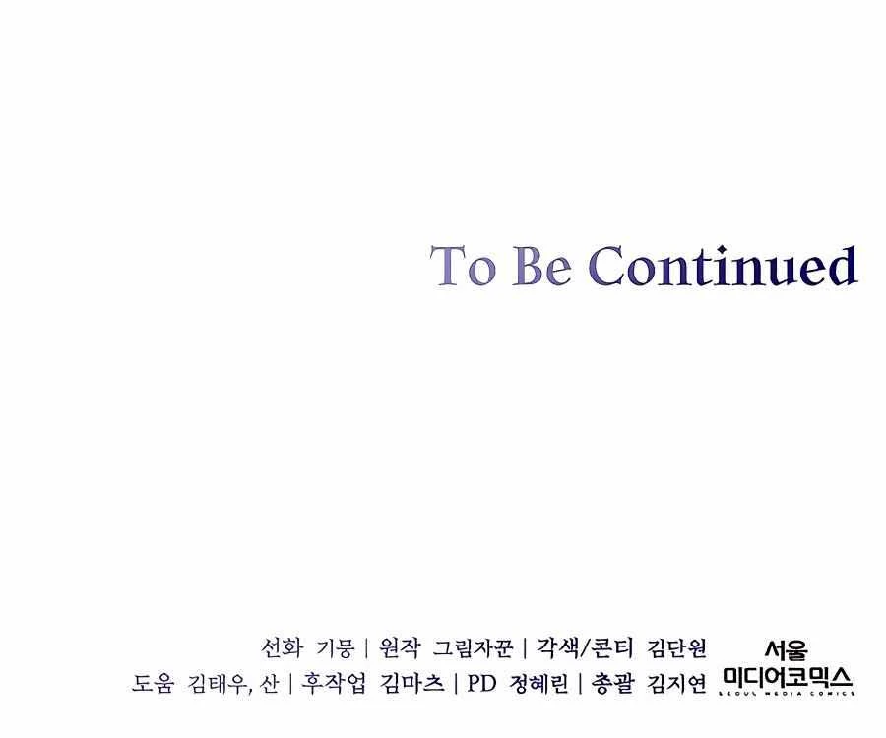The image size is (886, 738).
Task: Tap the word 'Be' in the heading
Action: (x=541, y=265)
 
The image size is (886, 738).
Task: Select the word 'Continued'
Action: (x=724, y=265)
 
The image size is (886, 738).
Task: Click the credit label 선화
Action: (x=282, y=647)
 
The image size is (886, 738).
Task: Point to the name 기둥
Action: (x=335, y=647)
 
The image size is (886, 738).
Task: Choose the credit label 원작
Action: (x=400, y=647)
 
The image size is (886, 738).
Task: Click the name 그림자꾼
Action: (x=473, y=647)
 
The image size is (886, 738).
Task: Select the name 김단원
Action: (x=676, y=647)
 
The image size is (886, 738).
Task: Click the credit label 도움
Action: (x=153, y=683)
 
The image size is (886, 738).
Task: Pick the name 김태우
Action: (x=217, y=683)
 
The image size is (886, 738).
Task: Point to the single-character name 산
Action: (x=269, y=683)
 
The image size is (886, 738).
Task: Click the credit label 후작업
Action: (x=334, y=683)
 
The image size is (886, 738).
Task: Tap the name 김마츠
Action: (x=411, y=683)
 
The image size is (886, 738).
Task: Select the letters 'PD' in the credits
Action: (x=481, y=684)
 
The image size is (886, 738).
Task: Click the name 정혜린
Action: (x=539, y=683)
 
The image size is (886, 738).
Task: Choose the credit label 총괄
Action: (x=613, y=683)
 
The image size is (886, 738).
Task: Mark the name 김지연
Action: (x=676, y=683)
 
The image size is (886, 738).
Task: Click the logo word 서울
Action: (x=787, y=650)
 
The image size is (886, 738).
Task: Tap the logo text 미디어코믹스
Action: (x=788, y=677)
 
